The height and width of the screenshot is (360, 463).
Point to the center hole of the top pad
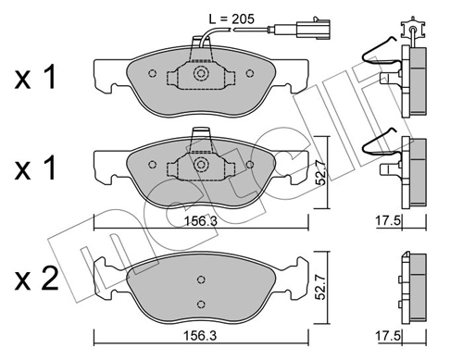click(200, 74)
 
